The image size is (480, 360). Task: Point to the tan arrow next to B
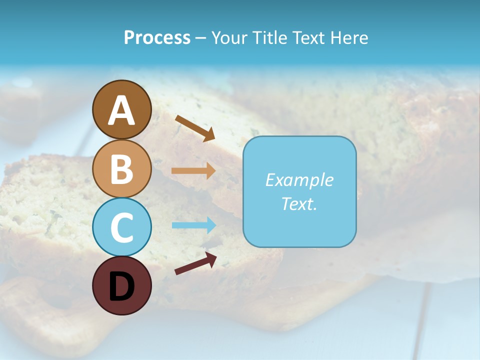pos(193,170)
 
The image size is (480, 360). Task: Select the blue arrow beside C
pos(193,225)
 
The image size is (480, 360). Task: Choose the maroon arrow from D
pos(195,263)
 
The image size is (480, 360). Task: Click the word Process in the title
pos(157,38)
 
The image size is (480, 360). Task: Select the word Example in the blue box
pos(299,180)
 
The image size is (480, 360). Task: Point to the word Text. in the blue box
pos(299,203)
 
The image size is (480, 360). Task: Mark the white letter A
pos(121,111)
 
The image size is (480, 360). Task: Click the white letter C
pos(121,228)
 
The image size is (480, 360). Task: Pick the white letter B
pos(121,169)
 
